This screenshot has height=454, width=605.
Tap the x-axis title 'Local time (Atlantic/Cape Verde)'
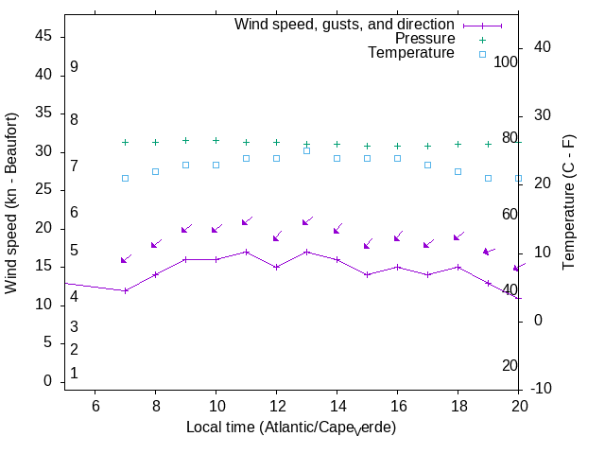pos(291,428)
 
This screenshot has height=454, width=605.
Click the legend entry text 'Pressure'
pos(424,39)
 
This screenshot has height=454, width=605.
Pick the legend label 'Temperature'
pos(411,53)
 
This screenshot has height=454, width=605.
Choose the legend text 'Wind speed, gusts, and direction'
pos(345,25)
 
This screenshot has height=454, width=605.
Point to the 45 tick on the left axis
pos(43,36)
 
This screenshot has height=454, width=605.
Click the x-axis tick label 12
pos(276,406)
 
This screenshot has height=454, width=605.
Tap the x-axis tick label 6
pos(95,406)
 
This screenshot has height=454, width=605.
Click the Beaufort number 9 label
pos(74,67)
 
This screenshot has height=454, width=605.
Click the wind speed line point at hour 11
pos(246,252)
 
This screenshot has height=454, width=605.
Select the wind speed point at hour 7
pos(125,290)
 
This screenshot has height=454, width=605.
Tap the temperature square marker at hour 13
pos(306,150)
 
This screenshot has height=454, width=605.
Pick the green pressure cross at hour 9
pos(185,140)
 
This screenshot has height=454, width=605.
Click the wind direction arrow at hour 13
pos(306,222)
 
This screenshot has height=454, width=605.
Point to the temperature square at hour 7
pos(125,178)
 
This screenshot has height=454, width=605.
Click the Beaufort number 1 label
pos(74,374)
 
